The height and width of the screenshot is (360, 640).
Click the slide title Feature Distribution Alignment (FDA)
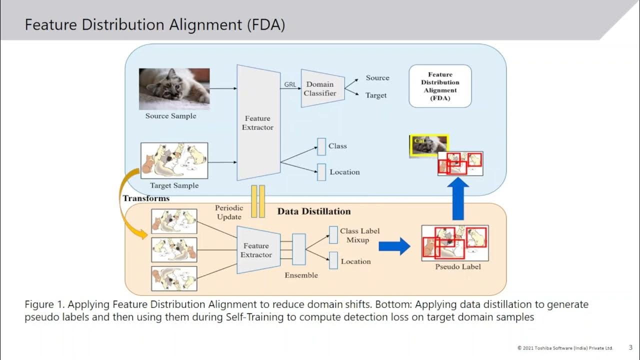coord(155,25)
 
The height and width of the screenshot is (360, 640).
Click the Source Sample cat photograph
coord(174,88)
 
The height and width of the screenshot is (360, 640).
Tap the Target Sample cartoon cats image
coord(174,160)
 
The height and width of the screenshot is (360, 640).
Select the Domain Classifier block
coord(322,88)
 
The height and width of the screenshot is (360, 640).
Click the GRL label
coord(290,84)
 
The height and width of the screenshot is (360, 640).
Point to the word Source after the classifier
coord(377,78)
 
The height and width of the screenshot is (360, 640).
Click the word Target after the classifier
coord(375,95)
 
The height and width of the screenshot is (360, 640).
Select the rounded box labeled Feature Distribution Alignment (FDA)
coord(440,86)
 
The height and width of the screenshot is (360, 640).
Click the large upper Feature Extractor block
coord(258,122)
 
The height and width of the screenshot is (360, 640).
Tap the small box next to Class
coord(321,146)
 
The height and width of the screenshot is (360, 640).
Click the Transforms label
coord(146,198)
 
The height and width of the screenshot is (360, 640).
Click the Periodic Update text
coord(229,212)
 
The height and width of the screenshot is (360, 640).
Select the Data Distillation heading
coord(314,211)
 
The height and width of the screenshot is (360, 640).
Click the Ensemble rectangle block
coord(298,249)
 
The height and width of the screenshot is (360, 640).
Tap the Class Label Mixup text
coord(359,235)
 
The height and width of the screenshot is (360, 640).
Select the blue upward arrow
coord(457,199)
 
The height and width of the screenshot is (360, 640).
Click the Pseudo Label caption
coord(457,266)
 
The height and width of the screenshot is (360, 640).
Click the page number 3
coord(630,347)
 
